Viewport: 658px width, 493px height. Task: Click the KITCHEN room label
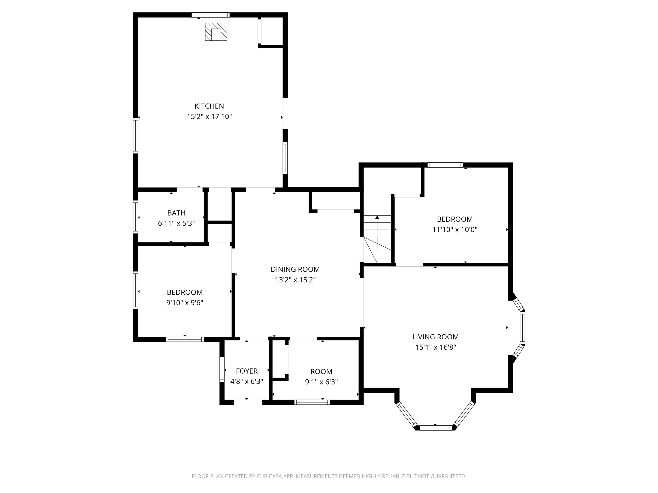click(209, 106)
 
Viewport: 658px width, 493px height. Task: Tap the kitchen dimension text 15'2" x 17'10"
click(209, 116)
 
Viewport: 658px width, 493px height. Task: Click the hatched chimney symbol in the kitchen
click(216, 32)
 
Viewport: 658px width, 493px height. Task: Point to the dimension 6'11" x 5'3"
click(176, 223)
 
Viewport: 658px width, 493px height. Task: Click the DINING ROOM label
click(295, 269)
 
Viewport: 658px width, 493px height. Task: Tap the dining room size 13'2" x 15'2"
click(295, 280)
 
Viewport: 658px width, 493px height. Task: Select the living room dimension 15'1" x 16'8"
click(435, 347)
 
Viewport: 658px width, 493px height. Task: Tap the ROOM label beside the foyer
click(321, 371)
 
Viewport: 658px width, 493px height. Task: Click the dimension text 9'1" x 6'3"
click(321, 382)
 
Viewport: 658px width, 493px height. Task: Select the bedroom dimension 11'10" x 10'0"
click(455, 229)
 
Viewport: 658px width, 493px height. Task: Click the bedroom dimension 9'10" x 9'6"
click(184, 303)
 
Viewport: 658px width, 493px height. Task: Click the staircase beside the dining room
click(377, 239)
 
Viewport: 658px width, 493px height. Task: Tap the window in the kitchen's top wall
click(211, 15)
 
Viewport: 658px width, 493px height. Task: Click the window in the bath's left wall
click(135, 217)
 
